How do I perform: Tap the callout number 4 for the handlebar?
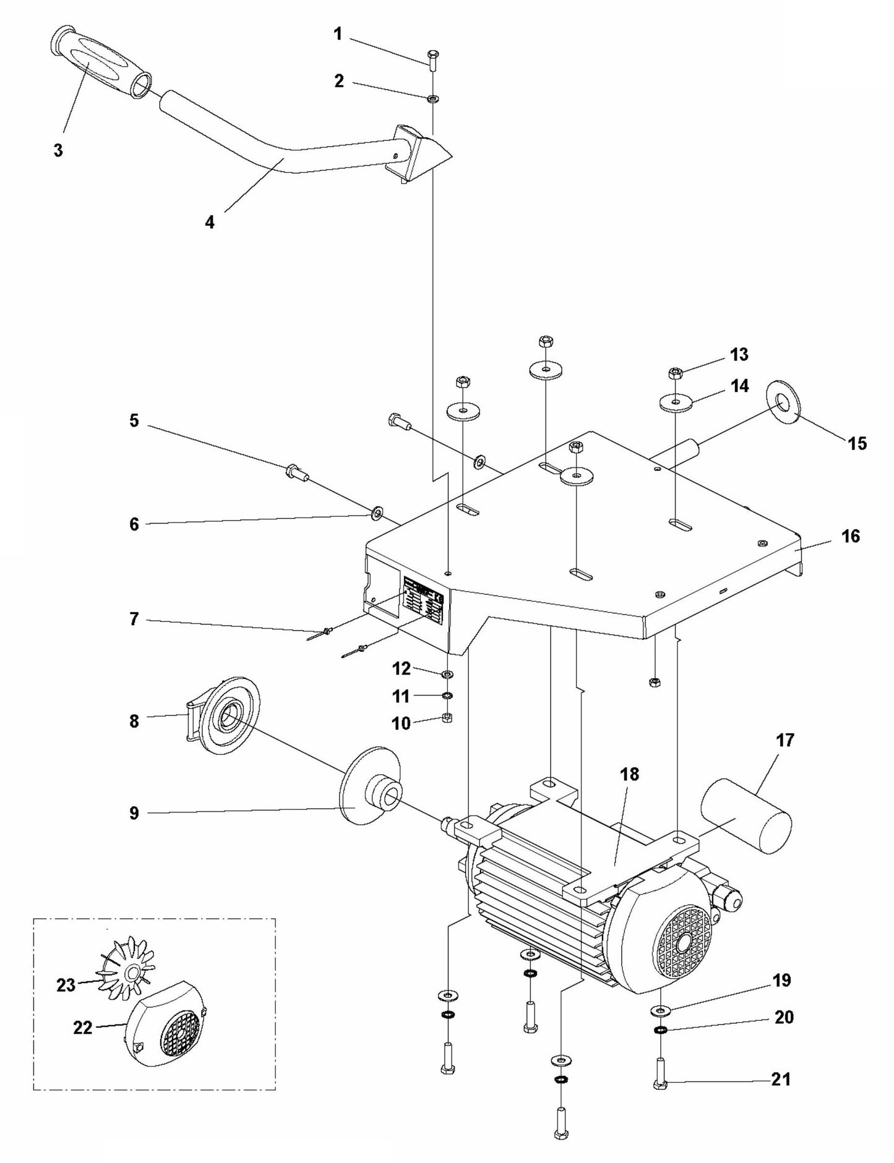pos(210,222)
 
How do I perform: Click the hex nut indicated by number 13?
pos(676,373)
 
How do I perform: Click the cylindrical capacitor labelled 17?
pos(746,816)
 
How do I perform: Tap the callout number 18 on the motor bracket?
pos(629,774)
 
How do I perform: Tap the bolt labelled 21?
pos(660,1081)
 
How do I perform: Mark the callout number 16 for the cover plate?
pos(851,535)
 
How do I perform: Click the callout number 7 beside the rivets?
pos(134,619)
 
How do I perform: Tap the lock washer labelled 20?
pos(660,1030)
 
